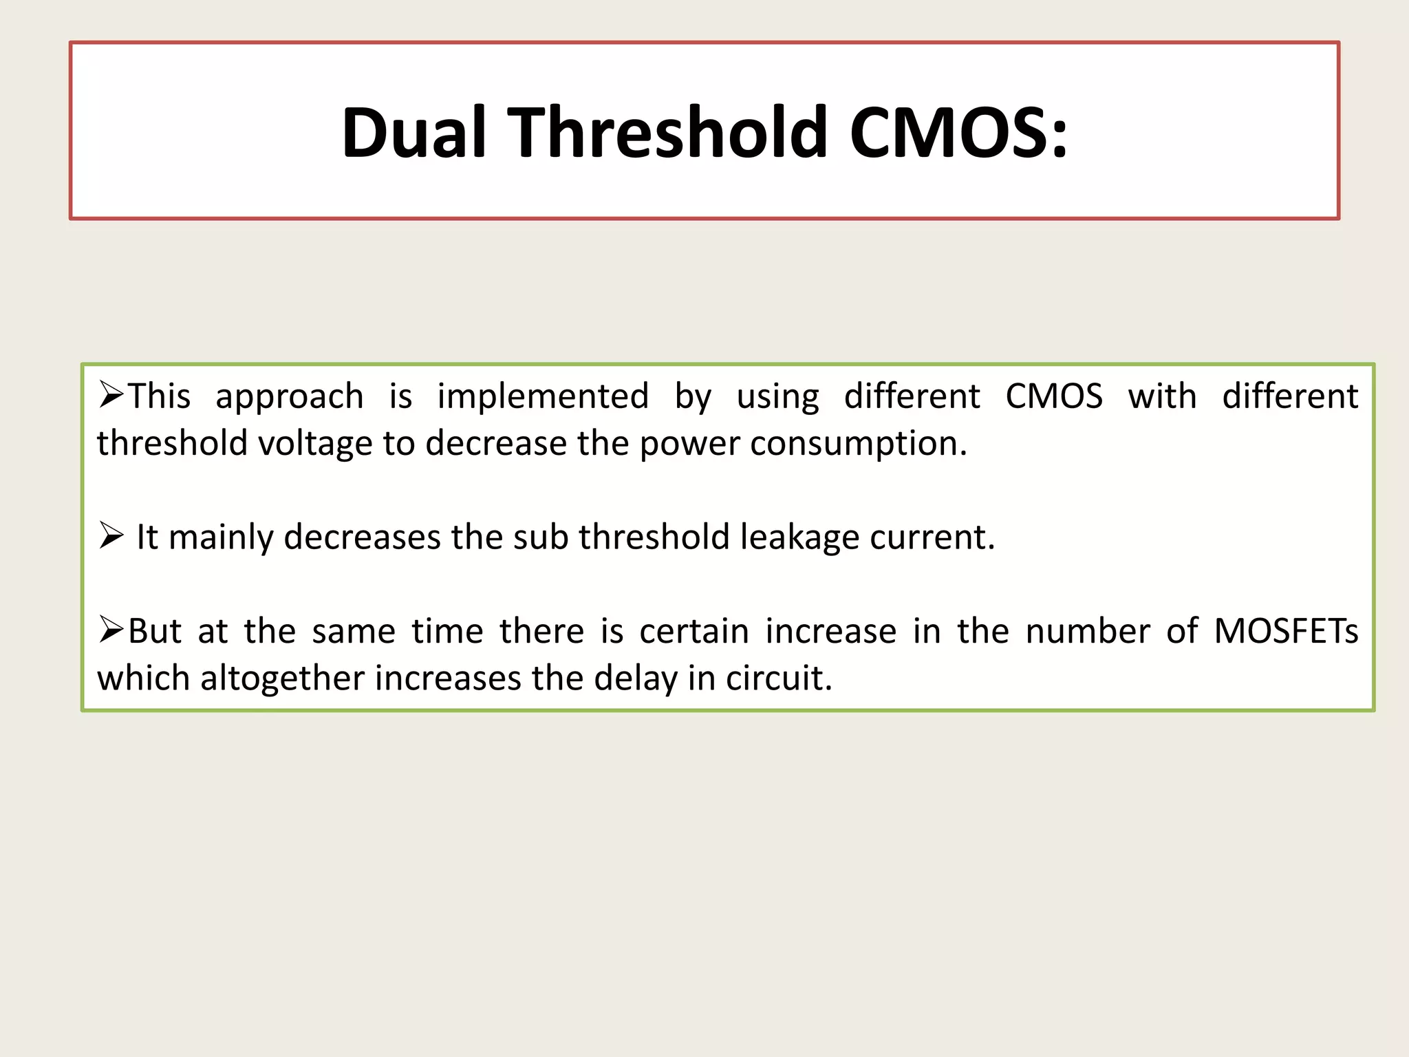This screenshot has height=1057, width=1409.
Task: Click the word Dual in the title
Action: click(415, 132)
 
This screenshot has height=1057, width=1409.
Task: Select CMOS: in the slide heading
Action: click(958, 132)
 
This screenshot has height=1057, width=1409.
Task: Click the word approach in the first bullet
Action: click(289, 398)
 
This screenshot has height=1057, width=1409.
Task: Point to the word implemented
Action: click(543, 396)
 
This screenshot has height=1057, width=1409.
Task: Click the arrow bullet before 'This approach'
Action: click(111, 395)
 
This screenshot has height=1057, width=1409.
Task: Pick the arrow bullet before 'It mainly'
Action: click(111, 535)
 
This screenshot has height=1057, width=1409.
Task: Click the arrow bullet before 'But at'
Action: click(111, 629)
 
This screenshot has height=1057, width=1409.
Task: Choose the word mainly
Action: click(221, 538)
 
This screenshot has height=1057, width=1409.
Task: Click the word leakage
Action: click(799, 538)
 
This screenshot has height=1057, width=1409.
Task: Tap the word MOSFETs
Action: click(1286, 631)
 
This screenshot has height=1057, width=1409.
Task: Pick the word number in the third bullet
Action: click(1088, 631)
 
